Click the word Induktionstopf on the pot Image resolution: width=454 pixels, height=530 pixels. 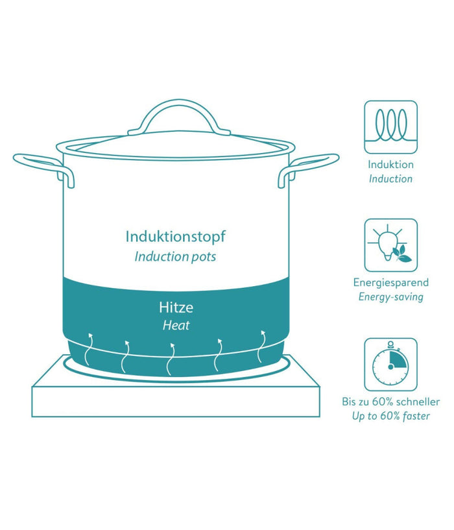pyautogui.click(x=175, y=237)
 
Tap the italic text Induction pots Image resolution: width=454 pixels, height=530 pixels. pyautogui.click(x=175, y=256)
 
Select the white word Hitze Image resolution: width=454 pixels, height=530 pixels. pyautogui.click(x=176, y=307)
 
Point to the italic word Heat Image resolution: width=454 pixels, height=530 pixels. pyautogui.click(x=176, y=325)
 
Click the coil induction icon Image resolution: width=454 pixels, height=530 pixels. pyautogui.click(x=391, y=127)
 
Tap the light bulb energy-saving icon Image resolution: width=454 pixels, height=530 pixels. pyautogui.click(x=391, y=245)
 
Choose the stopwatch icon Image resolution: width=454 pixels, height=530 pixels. pyautogui.click(x=391, y=365)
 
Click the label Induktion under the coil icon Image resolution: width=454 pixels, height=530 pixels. pyautogui.click(x=391, y=165)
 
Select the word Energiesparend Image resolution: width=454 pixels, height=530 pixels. pyautogui.click(x=391, y=283)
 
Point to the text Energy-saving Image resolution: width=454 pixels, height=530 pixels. pyautogui.click(x=391, y=296)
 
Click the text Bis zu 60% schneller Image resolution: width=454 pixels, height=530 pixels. pyautogui.click(x=391, y=402)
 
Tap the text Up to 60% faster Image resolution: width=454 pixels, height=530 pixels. pyautogui.click(x=391, y=416)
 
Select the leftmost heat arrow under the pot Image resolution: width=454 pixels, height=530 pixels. pyautogui.click(x=88, y=349)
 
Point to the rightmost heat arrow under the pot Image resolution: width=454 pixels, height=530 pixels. pyautogui.click(x=261, y=346)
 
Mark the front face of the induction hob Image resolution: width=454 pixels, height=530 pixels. pyautogui.click(x=176, y=402)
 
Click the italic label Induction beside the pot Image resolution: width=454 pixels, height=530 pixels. pyautogui.click(x=391, y=179)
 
